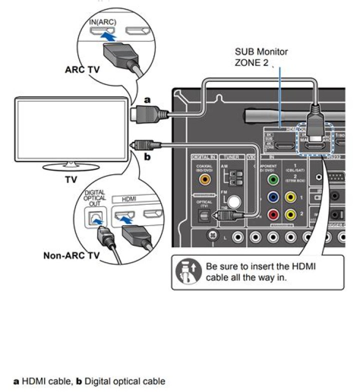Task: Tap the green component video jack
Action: pos(273,179)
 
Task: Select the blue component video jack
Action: pos(273,197)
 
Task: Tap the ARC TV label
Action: pos(83,69)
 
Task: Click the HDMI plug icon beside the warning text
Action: pos(188,272)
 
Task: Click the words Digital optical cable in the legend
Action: pos(124,382)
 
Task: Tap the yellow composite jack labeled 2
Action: pos(290,215)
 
